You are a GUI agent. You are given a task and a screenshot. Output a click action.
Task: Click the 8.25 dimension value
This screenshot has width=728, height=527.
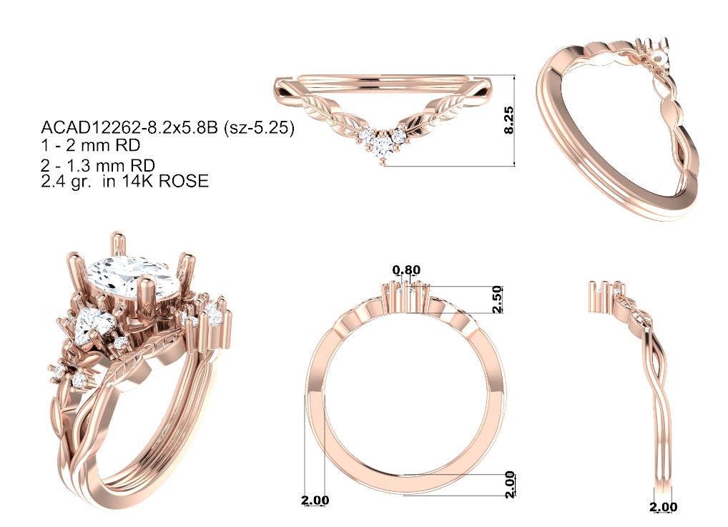pyautogui.click(x=509, y=120)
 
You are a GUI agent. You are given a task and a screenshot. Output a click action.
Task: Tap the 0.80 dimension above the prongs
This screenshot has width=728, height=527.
pyautogui.click(x=406, y=270)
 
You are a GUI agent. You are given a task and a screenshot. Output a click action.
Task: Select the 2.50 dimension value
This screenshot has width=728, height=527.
pyautogui.click(x=497, y=300)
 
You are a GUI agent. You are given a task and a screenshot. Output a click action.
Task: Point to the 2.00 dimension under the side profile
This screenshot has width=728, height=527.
pyautogui.click(x=663, y=506)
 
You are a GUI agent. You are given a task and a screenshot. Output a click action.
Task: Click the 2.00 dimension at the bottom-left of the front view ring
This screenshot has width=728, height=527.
pyautogui.click(x=315, y=500)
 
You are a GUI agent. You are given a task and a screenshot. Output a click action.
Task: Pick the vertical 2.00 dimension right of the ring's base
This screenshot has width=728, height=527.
pyautogui.click(x=510, y=484)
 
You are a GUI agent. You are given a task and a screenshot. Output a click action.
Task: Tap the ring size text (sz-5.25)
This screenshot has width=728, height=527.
pyautogui.click(x=259, y=127)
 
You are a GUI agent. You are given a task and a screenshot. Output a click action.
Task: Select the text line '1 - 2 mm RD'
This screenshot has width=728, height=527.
pyautogui.click(x=91, y=145)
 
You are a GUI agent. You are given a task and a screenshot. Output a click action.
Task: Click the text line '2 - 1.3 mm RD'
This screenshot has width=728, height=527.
pyautogui.click(x=98, y=165)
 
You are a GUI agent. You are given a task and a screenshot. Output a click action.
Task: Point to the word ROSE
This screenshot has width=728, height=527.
pyautogui.click(x=183, y=181)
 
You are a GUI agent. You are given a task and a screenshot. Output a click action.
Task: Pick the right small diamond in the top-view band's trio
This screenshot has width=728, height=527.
pyautogui.click(x=398, y=136)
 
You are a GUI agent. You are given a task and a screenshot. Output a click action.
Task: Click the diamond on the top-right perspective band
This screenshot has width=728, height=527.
pyautogui.click(x=659, y=57)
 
